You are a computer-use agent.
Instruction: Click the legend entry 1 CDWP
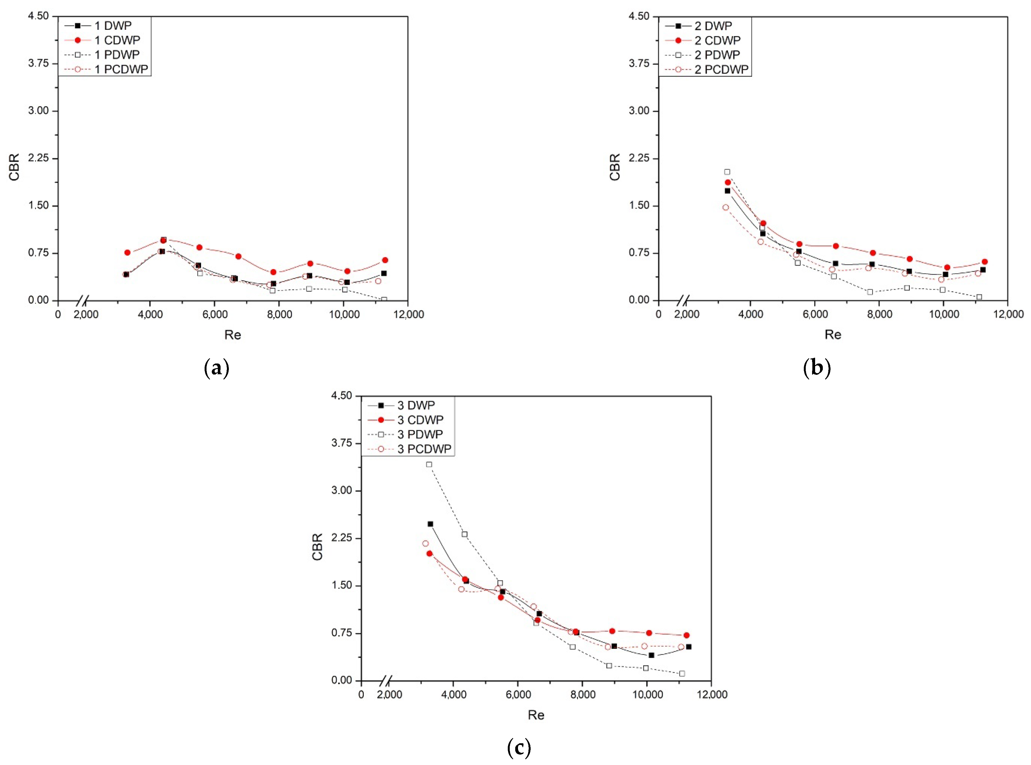pos(117,40)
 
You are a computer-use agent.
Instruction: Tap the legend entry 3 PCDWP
pos(424,449)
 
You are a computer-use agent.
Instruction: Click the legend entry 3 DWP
pos(416,405)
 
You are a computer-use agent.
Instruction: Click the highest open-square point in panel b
pos(727,172)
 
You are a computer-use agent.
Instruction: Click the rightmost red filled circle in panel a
pos(385,260)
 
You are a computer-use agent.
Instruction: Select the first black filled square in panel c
pos(430,524)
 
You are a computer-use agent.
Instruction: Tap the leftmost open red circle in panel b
pos(726,207)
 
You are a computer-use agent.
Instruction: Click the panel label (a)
pos(216,369)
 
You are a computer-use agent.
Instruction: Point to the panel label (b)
pos(816,369)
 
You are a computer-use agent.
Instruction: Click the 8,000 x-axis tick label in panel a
pos(280,315)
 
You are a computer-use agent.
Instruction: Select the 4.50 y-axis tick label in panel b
pos(639,16)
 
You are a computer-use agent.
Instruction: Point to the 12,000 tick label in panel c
pos(712,695)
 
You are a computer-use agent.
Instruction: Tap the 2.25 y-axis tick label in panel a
pos(38,159)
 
